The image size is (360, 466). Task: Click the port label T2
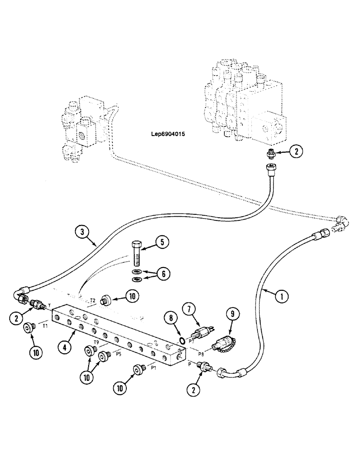coord(93,301)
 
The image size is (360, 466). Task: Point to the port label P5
coord(119,354)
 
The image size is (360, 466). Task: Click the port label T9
coord(96,343)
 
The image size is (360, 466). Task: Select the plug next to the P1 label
coord(139,369)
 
